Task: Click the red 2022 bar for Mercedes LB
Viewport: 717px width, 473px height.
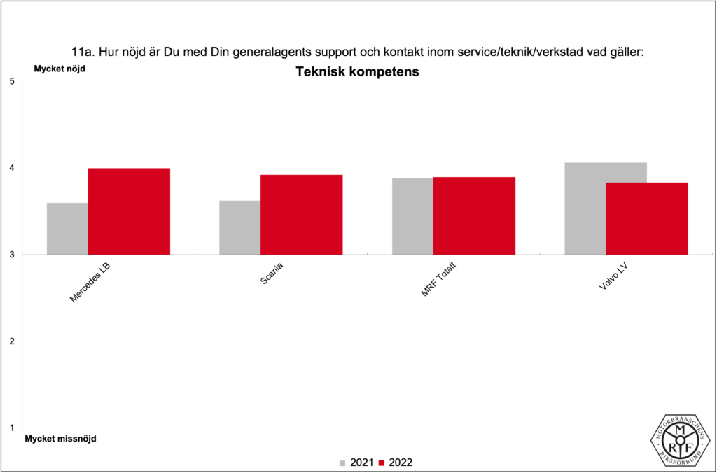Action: [129, 211]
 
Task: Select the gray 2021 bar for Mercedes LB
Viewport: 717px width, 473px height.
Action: [67, 229]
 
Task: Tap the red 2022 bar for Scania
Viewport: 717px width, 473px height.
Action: [301, 215]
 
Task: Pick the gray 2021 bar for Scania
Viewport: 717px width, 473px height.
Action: [239, 227]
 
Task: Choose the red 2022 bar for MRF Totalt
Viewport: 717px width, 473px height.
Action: [474, 216]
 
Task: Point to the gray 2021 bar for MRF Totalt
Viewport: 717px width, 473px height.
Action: [412, 216]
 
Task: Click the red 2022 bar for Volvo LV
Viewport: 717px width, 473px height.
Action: [646, 218]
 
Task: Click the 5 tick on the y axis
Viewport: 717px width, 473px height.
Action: [12, 82]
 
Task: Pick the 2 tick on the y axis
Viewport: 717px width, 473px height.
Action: [12, 341]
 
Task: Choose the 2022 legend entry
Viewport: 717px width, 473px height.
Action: [396, 463]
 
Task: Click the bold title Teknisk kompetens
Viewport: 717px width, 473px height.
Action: [357, 72]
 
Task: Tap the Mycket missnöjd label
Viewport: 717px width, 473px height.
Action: [60, 439]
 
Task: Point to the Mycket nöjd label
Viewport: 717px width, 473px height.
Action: [60, 69]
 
